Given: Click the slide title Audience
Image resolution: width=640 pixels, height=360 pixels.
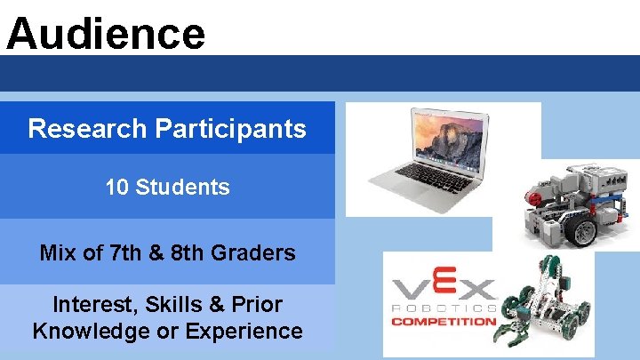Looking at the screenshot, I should [x=105, y=34].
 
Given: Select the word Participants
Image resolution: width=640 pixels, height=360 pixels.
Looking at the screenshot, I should [x=230, y=129].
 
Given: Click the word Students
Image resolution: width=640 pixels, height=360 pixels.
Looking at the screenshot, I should [x=182, y=188].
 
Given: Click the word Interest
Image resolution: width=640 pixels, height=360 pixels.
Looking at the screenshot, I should [x=92, y=305].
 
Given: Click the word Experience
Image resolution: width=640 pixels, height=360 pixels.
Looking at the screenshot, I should [x=251, y=332].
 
